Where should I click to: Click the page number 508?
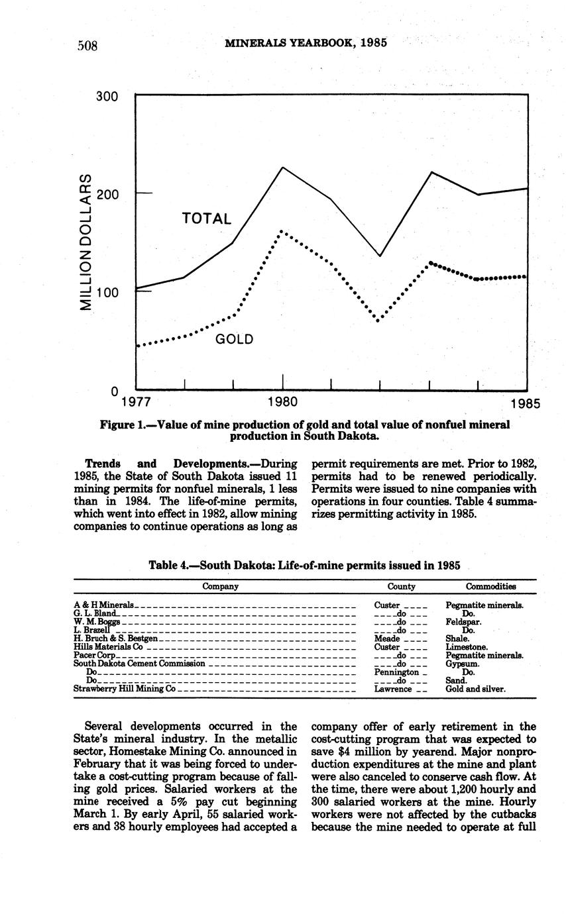pyautogui.click(x=87, y=45)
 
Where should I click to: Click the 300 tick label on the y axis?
pyautogui.click(x=106, y=97)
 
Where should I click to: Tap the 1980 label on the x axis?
pyautogui.click(x=282, y=401)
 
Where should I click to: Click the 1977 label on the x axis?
pyautogui.click(x=136, y=401)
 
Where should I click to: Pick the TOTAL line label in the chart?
pyautogui.click(x=206, y=219)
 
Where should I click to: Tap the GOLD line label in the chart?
pyautogui.click(x=235, y=340)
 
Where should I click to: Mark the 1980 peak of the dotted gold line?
pyautogui.click(x=282, y=231)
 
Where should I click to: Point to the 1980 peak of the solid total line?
pyautogui.click(x=283, y=167)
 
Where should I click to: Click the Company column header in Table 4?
pyautogui.click(x=221, y=586)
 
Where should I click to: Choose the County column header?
pyautogui.click(x=402, y=586)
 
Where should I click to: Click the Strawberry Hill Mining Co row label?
pyautogui.click(x=125, y=689)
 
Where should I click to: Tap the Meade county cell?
pyautogui.click(x=387, y=638)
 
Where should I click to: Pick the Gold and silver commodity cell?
pyautogui.click(x=475, y=689)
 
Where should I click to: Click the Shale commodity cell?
pyautogui.click(x=458, y=638)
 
